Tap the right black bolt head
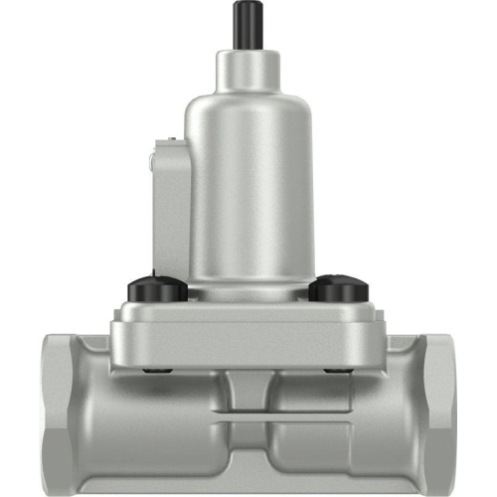click(338, 289)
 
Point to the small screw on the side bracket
click(149, 157)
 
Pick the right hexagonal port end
click(437, 413)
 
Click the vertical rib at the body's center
click(248, 393)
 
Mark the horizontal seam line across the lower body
click(248, 419)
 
